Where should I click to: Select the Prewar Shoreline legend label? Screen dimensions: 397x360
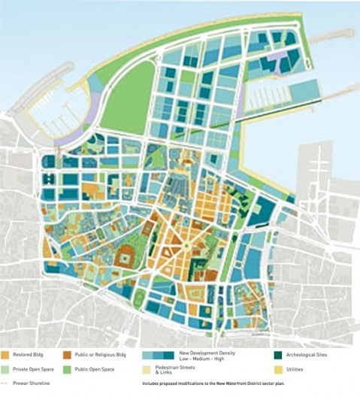35,386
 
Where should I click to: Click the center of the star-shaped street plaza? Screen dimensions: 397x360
184,245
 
